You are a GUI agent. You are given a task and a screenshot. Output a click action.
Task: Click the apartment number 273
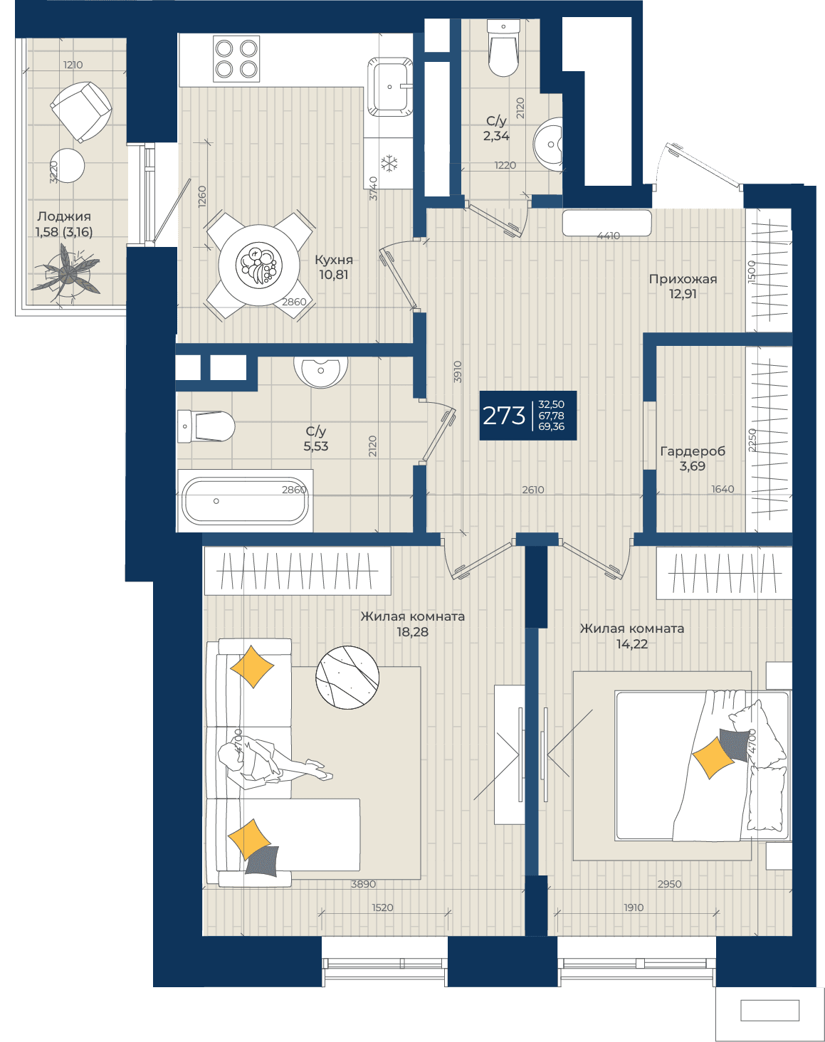tap(504, 416)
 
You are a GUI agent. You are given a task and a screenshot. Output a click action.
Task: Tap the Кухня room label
tap(334, 260)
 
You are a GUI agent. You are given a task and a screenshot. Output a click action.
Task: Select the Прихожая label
tap(683, 280)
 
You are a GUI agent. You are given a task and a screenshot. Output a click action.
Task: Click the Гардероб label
tap(693, 451)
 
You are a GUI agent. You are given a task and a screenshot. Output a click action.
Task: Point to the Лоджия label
tap(64, 216)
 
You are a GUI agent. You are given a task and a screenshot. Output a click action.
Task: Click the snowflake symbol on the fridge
tap(389, 163)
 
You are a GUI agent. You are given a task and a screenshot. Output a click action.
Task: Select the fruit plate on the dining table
tap(259, 265)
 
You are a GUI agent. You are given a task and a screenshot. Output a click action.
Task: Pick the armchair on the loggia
tap(81, 111)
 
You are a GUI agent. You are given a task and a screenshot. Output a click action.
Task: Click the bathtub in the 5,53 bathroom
tap(245, 500)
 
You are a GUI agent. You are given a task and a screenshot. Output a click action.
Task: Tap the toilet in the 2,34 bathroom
tap(504, 48)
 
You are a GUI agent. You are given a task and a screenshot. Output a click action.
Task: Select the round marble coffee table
tap(347, 677)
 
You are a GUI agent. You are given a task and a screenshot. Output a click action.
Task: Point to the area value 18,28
tap(412, 632)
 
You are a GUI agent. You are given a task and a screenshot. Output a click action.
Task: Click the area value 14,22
tap(631, 644)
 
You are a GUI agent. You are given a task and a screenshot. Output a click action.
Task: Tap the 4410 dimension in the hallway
tap(609, 236)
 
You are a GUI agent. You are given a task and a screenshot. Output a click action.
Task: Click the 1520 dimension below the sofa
tap(382, 907)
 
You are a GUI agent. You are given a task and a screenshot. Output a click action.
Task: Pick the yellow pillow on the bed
tap(713, 757)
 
